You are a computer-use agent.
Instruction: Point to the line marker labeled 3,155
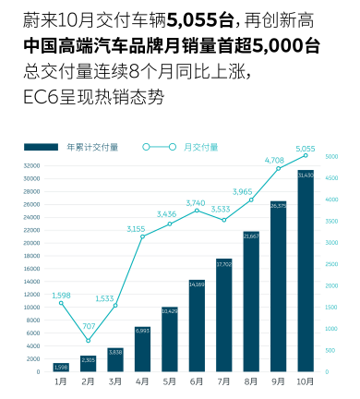point(142,236)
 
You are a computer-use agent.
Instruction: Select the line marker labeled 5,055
point(305,156)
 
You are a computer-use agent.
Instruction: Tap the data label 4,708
point(277,160)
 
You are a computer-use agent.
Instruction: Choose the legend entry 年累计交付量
point(89,147)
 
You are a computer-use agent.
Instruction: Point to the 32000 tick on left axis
point(30,165)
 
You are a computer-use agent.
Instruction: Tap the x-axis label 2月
point(88,381)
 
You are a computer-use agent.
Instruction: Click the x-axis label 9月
point(278,381)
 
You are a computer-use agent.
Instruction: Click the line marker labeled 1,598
point(61,303)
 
